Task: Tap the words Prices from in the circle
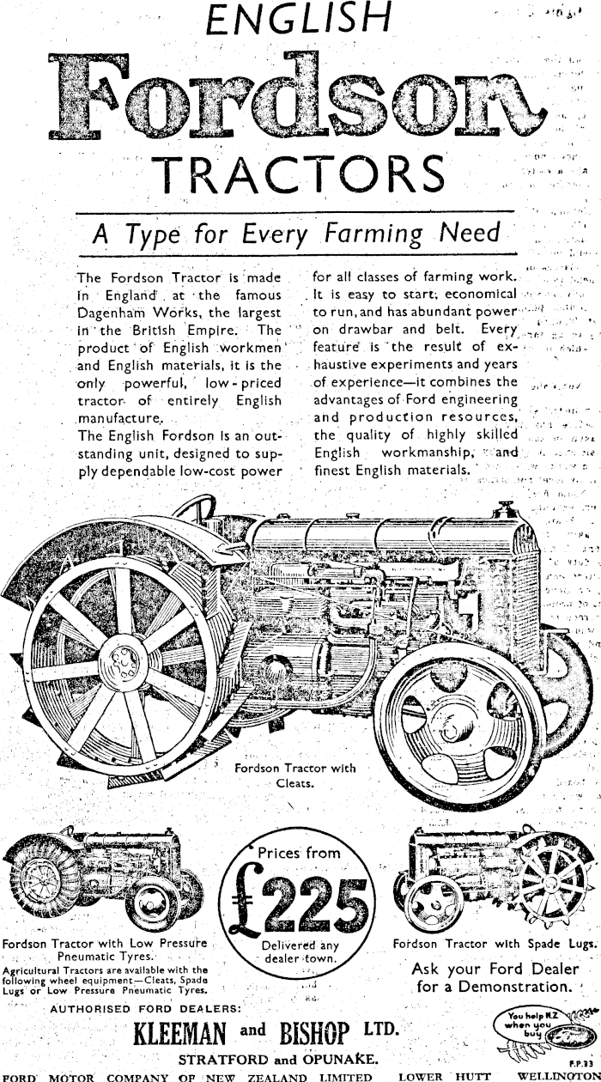300,854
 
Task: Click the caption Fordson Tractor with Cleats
295,775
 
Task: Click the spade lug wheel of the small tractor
550,884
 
